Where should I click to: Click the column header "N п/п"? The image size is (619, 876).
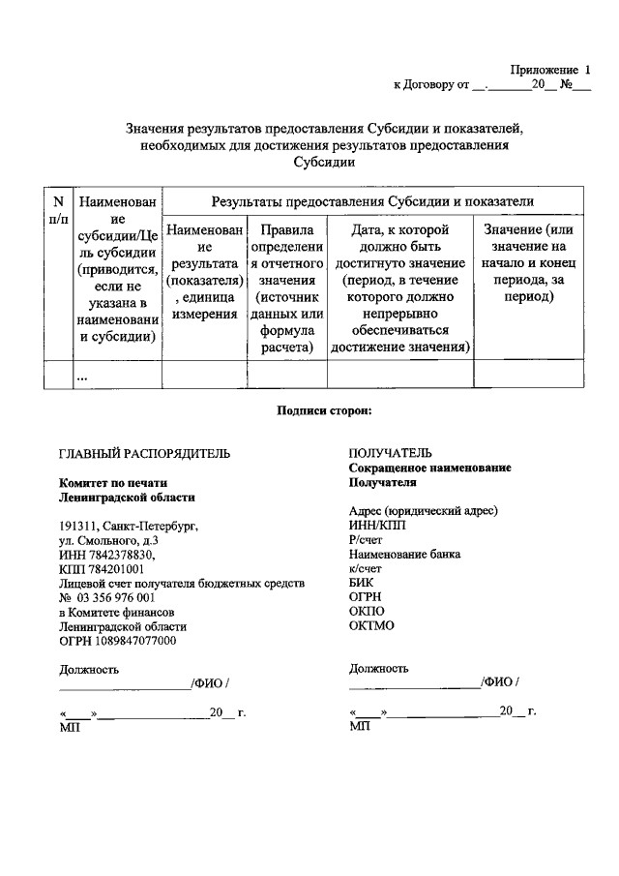click(58, 211)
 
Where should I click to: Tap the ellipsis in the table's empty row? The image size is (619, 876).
click(82, 377)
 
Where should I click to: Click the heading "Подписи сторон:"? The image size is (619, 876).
click(324, 410)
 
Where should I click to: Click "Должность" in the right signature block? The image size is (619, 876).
click(378, 668)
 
